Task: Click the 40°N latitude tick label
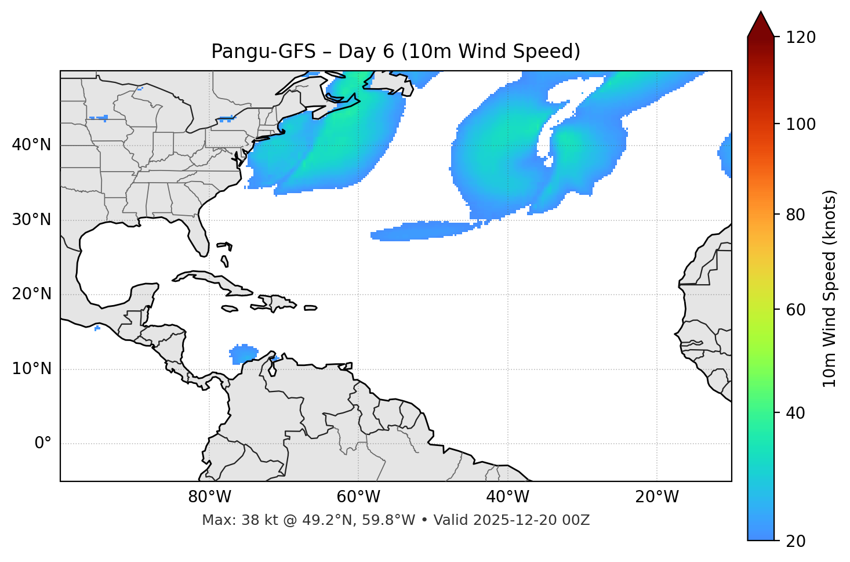[31, 145]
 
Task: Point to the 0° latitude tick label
[42, 444]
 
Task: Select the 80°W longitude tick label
[209, 497]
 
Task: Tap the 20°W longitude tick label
[657, 497]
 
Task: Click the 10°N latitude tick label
[31, 369]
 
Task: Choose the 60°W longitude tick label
[358, 497]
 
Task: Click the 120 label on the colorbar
[801, 38]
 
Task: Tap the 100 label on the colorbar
[801, 124]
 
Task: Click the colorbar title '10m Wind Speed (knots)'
[830, 288]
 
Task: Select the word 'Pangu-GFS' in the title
[263, 52]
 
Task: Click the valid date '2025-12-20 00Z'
[532, 520]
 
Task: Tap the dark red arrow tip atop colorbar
[761, 23]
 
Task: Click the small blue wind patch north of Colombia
[244, 353]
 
